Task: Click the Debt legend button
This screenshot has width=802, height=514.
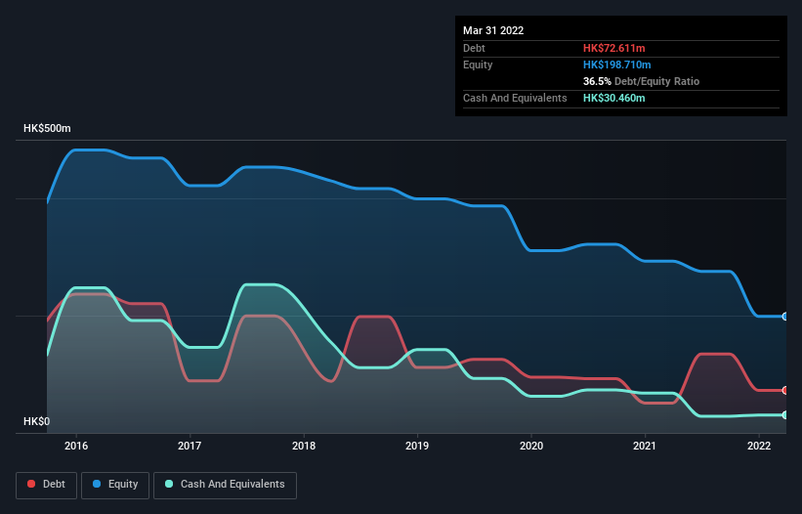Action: point(46,484)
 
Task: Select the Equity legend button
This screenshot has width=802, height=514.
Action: point(115,484)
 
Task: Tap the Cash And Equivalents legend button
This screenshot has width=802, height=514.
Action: point(225,484)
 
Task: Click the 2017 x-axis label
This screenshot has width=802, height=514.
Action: point(190,446)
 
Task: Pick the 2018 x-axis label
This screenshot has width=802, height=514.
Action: point(304,446)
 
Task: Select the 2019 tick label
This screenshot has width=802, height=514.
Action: point(417,446)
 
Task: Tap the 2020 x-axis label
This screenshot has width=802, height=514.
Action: point(531,446)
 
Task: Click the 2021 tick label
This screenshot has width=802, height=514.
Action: point(645,446)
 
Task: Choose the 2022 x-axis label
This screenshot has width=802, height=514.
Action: point(759,446)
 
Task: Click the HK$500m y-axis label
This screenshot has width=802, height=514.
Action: point(48,129)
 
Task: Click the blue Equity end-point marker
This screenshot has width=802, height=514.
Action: point(784,317)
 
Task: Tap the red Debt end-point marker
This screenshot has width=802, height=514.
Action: point(784,390)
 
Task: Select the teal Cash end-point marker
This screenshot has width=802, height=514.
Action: point(784,415)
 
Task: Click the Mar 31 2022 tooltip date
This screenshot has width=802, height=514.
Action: point(493,30)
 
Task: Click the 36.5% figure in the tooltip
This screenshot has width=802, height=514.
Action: point(598,81)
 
